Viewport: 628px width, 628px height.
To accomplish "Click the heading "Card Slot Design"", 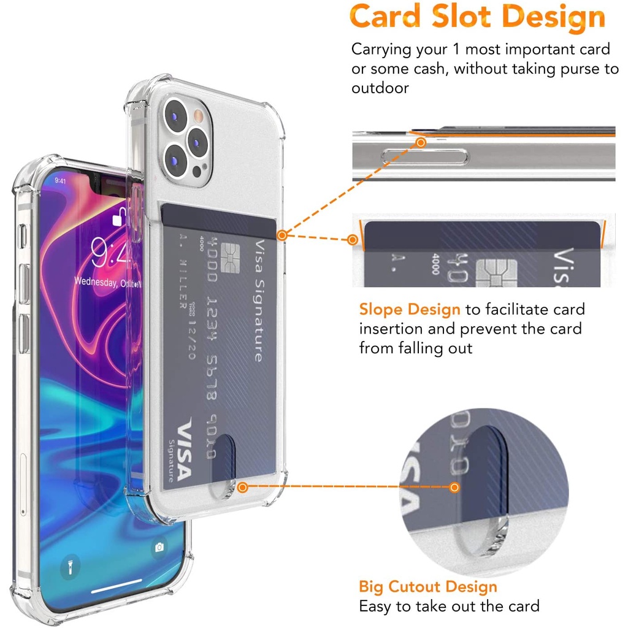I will coord(477,18).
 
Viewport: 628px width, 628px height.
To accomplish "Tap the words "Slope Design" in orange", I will coord(409,310).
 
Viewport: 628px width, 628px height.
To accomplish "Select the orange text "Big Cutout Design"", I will coord(428,587).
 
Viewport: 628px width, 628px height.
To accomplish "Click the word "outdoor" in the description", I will coord(380,88).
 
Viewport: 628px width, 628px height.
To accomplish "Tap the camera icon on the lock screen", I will coord(160,547).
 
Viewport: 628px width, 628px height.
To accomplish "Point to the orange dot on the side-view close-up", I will coord(421,143).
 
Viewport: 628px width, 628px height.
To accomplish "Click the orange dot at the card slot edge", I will coord(281,235).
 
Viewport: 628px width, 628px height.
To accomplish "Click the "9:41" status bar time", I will coord(60,181).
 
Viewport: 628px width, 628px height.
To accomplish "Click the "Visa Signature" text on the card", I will coord(258,301).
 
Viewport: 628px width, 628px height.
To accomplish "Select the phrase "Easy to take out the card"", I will coord(449,607).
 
